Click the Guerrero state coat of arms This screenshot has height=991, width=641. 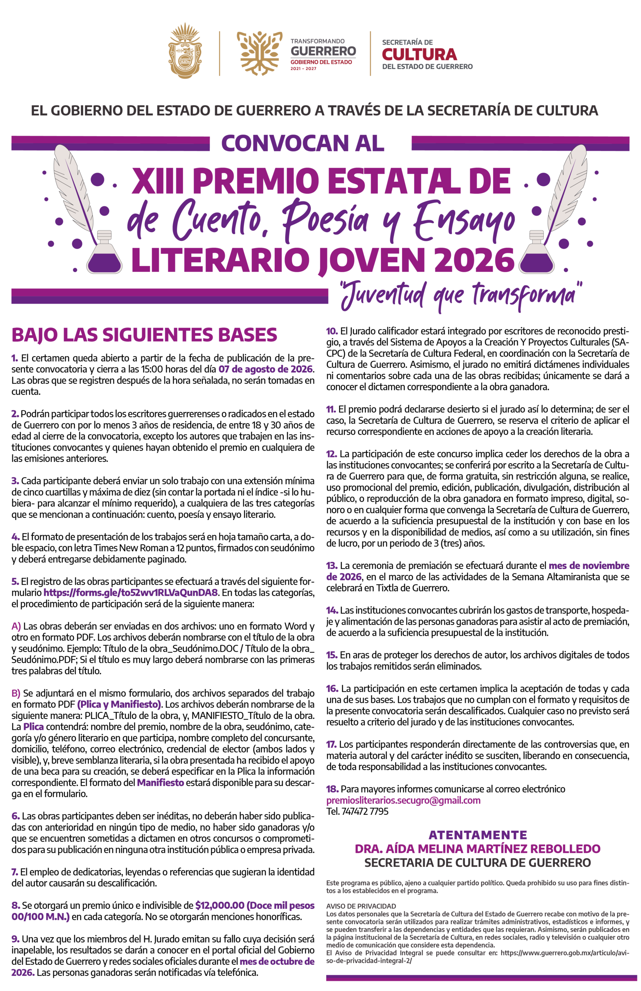pos(185,51)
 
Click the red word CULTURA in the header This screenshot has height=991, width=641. pos(419,55)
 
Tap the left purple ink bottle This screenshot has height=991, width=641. pos(104,254)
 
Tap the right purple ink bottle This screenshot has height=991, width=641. pos(536,254)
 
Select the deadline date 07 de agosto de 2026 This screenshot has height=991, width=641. pos(266,369)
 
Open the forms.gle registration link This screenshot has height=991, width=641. pos(130,592)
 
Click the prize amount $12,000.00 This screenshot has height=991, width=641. pos(220,906)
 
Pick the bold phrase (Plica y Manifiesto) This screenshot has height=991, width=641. pos(119,704)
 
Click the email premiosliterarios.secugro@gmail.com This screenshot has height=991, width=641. pos(403,800)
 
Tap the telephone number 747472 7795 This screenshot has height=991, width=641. pos(365,811)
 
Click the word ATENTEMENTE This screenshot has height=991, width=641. pos(477,835)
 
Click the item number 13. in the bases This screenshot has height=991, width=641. pos(332,566)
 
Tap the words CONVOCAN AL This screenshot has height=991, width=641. pos(303,143)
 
